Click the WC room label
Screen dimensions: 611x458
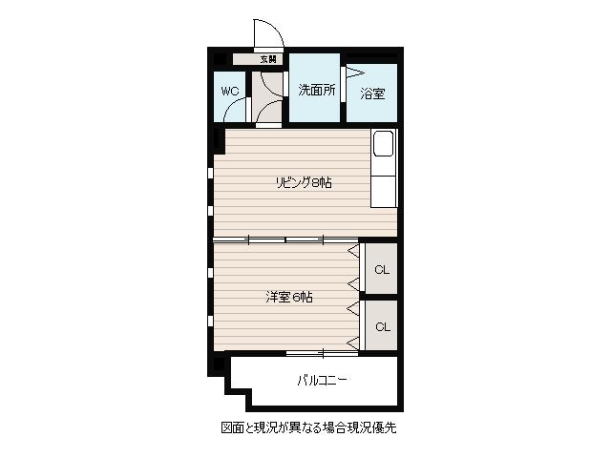(229, 92)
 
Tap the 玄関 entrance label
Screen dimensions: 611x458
(268, 59)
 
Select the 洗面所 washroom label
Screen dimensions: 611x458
(316, 90)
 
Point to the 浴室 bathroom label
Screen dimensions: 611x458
(372, 94)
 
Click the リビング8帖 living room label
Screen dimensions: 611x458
(304, 182)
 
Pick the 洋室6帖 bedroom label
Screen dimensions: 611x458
(289, 297)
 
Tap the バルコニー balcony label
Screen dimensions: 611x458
(323, 380)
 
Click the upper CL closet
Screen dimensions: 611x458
(382, 269)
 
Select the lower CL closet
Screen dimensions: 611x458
(382, 326)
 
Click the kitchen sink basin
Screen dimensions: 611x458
(383, 143)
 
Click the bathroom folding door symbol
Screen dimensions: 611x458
(354, 73)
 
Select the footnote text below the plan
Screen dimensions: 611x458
(308, 427)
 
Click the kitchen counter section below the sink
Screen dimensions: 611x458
(383, 191)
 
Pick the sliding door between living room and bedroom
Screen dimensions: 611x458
(285, 239)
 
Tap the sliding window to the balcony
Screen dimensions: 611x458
(323, 353)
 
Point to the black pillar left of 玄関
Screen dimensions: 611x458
(220, 59)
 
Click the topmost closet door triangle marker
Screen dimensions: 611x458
(353, 251)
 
